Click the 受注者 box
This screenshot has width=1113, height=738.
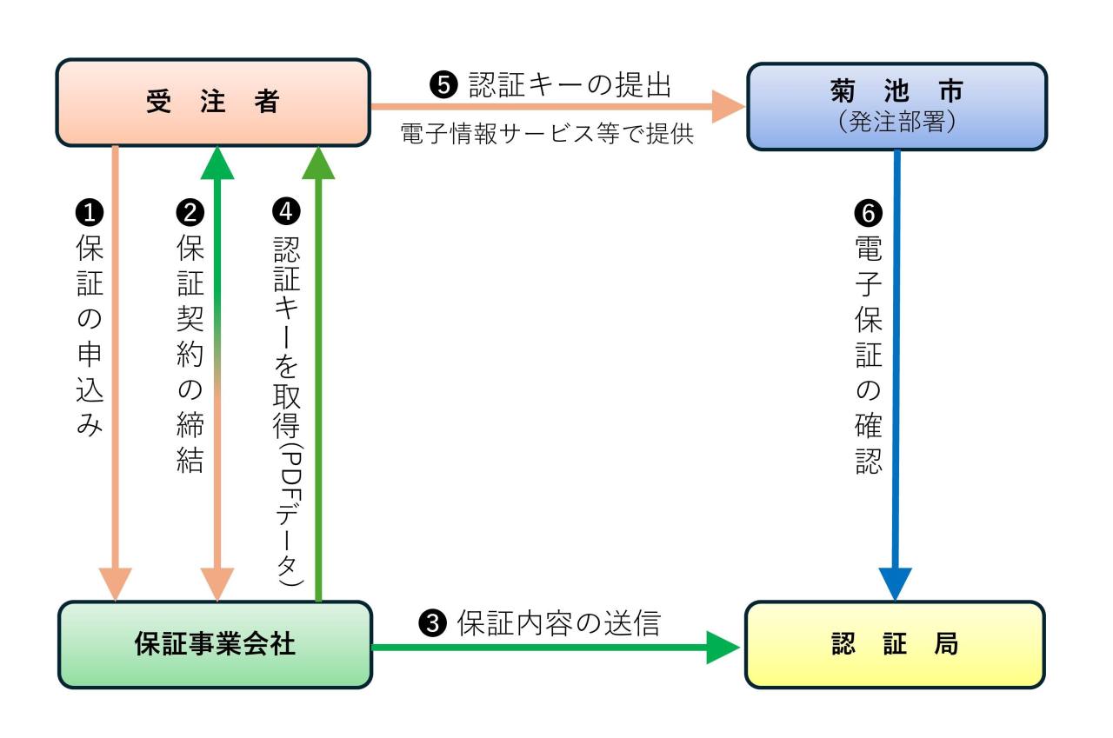[213, 103]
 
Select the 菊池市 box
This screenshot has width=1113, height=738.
[896, 106]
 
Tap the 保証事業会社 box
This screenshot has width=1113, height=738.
[215, 644]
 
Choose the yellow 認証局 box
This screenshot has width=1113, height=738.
[895, 644]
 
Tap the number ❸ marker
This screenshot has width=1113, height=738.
[432, 622]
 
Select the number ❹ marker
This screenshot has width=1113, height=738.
[287, 211]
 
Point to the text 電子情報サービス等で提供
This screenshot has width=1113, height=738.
[547, 135]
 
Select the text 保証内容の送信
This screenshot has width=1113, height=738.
[559, 622]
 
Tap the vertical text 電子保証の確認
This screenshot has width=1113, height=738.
[870, 356]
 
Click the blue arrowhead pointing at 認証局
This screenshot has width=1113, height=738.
[896, 582]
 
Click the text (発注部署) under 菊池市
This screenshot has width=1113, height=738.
[896, 123]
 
